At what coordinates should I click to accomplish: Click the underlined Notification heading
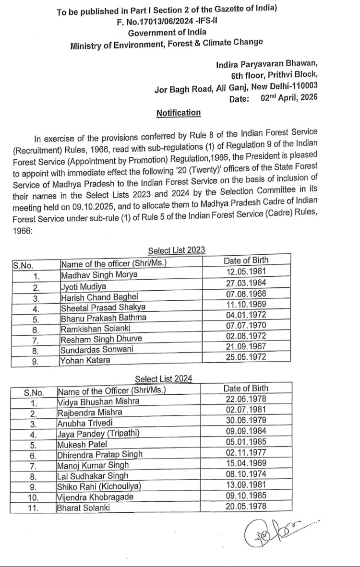point(179,113)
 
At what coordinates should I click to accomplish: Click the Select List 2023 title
point(176,250)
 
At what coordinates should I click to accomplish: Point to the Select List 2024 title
point(163,379)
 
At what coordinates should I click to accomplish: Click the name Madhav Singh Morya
point(99,274)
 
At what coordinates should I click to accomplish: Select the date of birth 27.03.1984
point(246,283)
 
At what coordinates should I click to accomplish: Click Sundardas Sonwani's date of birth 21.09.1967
point(246,346)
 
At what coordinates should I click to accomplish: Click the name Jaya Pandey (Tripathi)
point(98,433)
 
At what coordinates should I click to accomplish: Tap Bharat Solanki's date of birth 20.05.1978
point(246,505)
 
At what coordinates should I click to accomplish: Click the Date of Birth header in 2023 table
point(246,260)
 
